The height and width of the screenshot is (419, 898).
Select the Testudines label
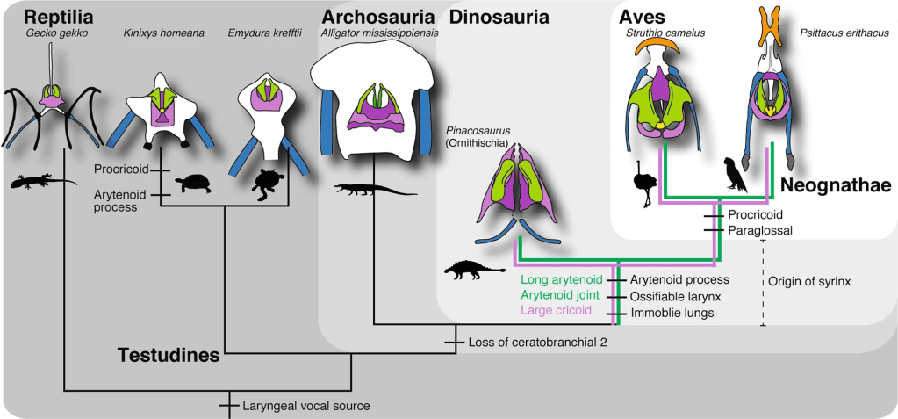(x=169, y=356)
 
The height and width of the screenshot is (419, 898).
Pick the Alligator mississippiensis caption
(x=379, y=33)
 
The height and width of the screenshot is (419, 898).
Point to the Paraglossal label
(x=760, y=230)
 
